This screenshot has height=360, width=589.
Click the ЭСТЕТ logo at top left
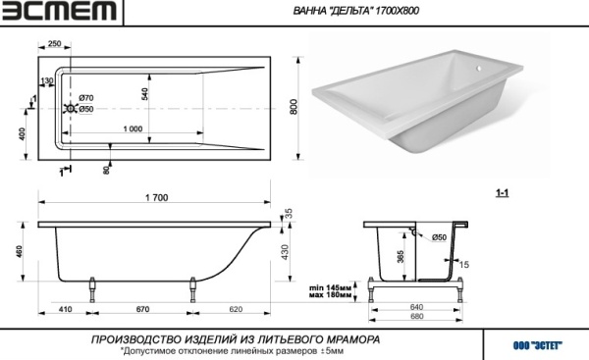[x=59, y=13]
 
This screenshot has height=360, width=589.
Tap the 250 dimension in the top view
[x=54, y=44]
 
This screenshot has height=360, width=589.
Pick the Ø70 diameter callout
[x=85, y=98]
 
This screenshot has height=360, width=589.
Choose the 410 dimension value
[x=66, y=310]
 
